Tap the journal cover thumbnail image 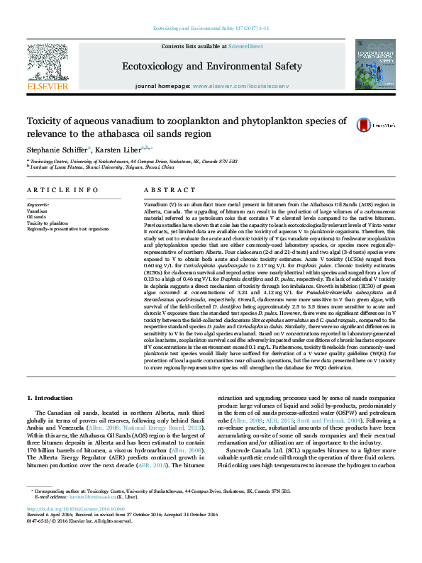(376, 65)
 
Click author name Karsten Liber (114, 149)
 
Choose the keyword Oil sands (37, 217)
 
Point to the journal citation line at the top (210, 28)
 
